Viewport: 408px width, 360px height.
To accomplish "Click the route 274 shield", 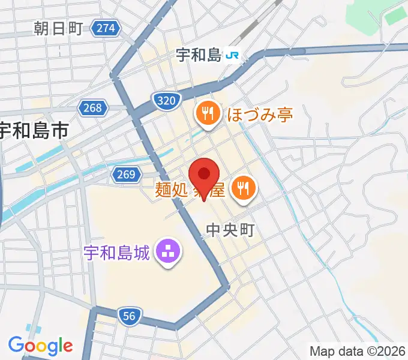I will (106, 28).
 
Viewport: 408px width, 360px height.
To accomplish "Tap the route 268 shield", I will (93, 108).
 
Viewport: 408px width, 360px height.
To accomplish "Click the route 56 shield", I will (130, 316).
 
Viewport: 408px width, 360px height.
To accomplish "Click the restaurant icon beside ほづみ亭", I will (208, 112).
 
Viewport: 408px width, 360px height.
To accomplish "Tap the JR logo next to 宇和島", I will (233, 56).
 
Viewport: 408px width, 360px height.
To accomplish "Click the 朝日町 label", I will (58, 28).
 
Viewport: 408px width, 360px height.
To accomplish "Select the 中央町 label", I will (230, 230).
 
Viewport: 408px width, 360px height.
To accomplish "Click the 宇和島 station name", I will (199, 56).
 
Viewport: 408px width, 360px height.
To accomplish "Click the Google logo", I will (40, 346).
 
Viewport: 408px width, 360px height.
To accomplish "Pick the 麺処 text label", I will (172, 191).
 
